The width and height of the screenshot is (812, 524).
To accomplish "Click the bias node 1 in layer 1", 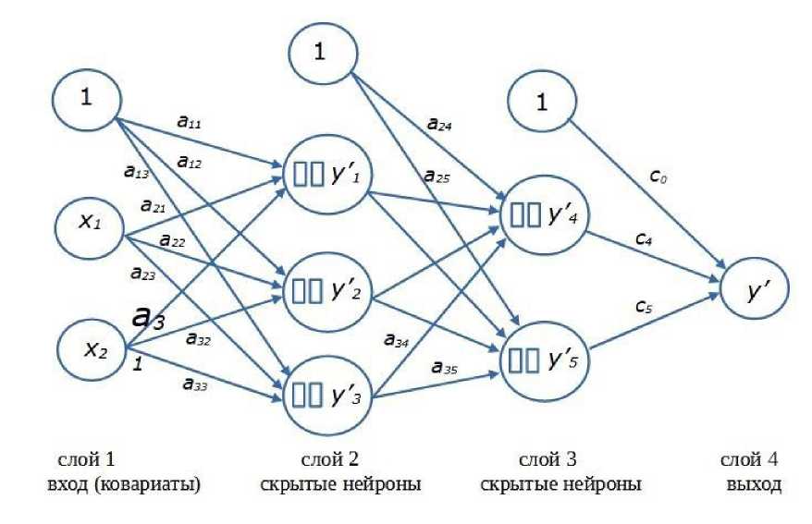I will [x=86, y=99].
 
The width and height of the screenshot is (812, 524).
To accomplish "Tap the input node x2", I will [x=91, y=348].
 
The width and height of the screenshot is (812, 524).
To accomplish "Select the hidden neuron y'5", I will [x=539, y=353].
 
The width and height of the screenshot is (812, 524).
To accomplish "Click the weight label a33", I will [x=194, y=385].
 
